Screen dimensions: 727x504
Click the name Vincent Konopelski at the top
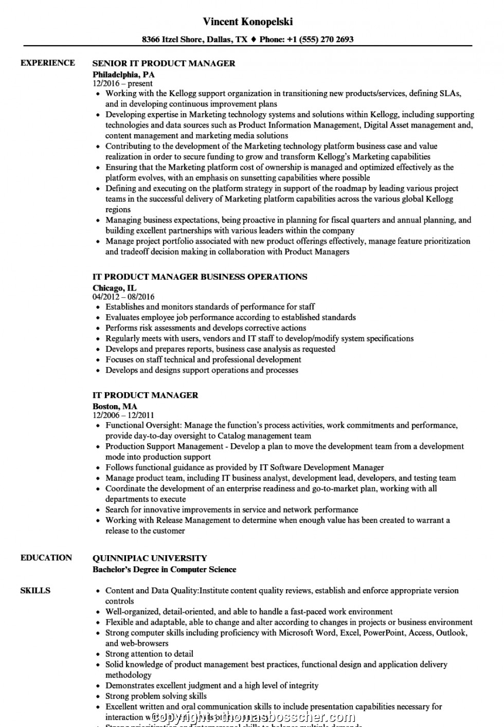pos(248,22)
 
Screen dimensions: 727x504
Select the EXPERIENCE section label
pos(47,63)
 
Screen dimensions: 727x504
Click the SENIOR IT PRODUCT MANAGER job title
pos(164,63)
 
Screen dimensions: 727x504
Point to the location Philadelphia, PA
pos(123,74)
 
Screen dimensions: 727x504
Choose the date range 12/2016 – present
pos(122,83)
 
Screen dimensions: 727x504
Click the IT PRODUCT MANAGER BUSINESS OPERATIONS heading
pos(200,277)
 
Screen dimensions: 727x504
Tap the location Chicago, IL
pos(115,287)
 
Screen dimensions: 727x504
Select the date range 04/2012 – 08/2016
pos(123,297)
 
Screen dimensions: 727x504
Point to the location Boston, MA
pos(115,406)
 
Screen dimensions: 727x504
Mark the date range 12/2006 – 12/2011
pos(123,415)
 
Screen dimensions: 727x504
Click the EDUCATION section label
pos(46,557)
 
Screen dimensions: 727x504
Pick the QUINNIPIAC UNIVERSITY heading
pos(150,558)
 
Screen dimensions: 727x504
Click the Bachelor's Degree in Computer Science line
pos(165,569)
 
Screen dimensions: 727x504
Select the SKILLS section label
pos(35,590)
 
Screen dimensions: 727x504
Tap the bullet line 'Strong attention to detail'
pos(149,654)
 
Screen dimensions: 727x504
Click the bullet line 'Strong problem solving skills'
pos(156,696)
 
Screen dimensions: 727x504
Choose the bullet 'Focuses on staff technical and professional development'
pos(203,359)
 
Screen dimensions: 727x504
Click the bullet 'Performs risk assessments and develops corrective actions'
pos(206,328)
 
